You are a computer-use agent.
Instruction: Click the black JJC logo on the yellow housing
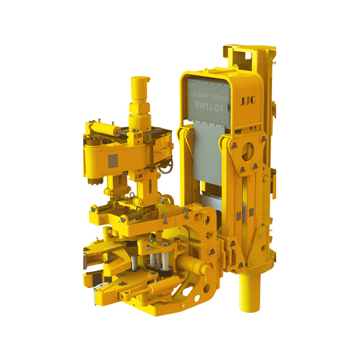tap(247, 101)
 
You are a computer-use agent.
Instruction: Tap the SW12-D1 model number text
tap(209, 106)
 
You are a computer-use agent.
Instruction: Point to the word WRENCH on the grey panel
tap(219, 97)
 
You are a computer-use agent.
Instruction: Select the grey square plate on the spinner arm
tap(112, 161)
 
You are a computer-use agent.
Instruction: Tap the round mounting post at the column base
tap(250, 291)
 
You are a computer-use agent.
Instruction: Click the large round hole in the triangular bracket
tap(247, 152)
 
